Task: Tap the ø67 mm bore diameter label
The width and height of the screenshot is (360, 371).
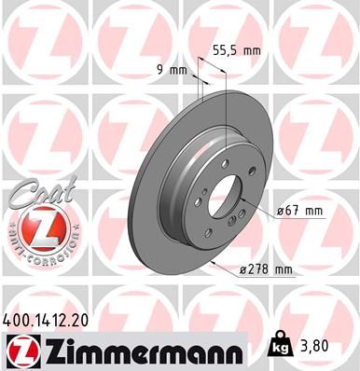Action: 299,211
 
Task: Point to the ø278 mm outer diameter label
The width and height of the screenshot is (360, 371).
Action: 268,270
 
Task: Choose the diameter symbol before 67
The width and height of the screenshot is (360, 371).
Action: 282,211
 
